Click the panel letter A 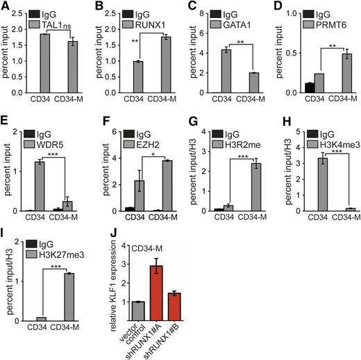click(x=5, y=6)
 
